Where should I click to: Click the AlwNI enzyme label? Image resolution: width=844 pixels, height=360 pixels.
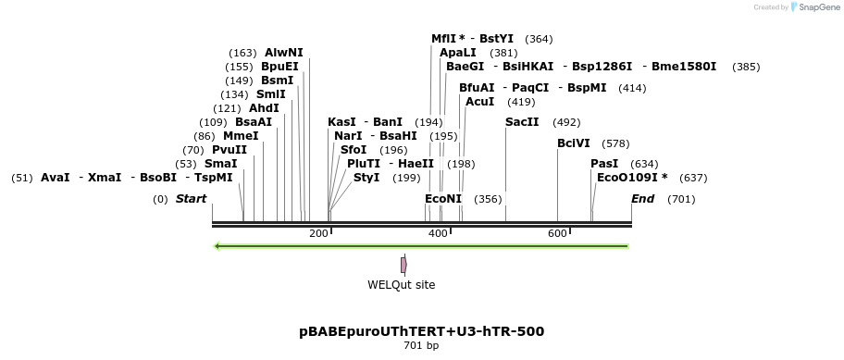(283, 53)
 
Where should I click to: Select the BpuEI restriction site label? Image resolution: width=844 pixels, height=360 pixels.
(279, 67)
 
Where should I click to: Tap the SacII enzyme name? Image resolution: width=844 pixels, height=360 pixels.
(522, 122)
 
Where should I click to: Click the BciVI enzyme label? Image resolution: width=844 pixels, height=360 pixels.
(574, 143)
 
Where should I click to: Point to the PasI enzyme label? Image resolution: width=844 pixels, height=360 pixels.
(604, 164)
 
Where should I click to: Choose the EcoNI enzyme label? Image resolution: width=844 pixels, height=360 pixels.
(443, 199)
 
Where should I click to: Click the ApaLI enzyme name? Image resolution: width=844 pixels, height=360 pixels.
(458, 53)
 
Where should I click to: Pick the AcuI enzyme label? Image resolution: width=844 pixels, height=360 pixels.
(480, 102)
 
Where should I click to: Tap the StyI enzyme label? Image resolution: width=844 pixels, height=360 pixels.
(366, 178)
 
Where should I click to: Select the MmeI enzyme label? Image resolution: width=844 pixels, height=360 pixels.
(241, 136)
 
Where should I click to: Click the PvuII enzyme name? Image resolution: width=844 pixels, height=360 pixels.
(230, 150)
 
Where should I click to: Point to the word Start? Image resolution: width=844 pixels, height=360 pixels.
(191, 199)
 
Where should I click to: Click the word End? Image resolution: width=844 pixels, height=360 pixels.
(642, 199)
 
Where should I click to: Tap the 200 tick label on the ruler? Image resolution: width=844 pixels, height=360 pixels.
(318, 234)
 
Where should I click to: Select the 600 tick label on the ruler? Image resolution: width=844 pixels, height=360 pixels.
(557, 234)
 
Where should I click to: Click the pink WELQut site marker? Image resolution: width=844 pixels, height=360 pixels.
(403, 265)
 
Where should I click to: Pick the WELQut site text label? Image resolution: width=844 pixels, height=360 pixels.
(402, 285)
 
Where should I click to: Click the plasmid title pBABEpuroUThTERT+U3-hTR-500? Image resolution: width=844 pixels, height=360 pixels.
(421, 331)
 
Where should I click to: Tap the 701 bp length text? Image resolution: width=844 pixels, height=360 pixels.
(421, 346)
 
